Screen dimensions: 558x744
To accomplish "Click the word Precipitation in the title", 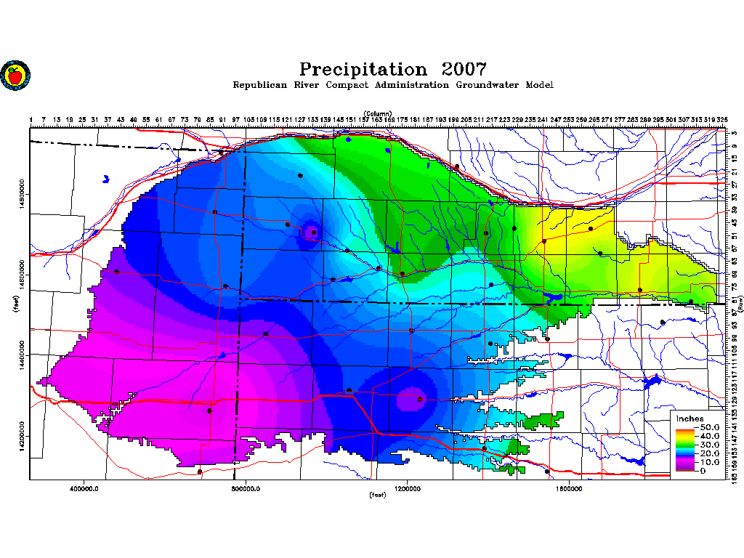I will (363, 70).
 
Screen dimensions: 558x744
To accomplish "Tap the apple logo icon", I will (15, 75).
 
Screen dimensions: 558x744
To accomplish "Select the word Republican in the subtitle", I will (262, 85).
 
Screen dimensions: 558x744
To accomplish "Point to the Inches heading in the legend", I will (689, 418).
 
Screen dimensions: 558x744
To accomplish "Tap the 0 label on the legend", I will (702, 471).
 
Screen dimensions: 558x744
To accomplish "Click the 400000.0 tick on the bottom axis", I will (85, 488).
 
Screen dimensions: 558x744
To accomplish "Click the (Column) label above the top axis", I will (378, 113).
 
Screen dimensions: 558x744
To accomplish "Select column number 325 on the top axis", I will (723, 120).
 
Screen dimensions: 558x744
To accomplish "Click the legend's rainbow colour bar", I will (684, 449).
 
